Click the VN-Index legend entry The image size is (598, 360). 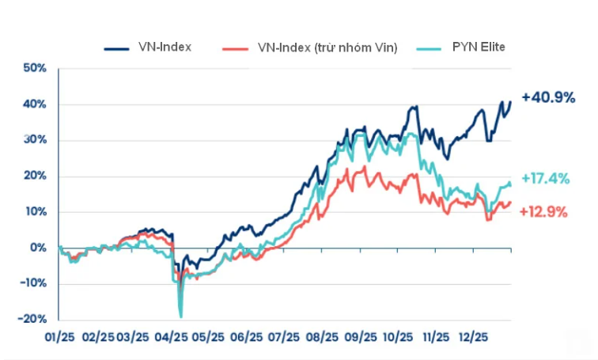[164, 47]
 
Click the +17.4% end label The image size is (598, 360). [545, 179]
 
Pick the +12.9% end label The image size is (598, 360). [545, 212]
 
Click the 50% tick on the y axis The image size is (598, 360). [34, 69]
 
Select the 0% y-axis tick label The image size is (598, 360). [37, 248]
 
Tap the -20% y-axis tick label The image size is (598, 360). [32, 320]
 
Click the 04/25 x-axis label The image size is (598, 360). [173, 337]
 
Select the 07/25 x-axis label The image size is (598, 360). [284, 337]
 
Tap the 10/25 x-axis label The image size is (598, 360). [399, 337]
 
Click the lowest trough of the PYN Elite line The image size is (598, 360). [181, 316]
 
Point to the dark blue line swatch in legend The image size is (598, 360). [116, 48]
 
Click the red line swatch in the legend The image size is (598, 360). [237, 48]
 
